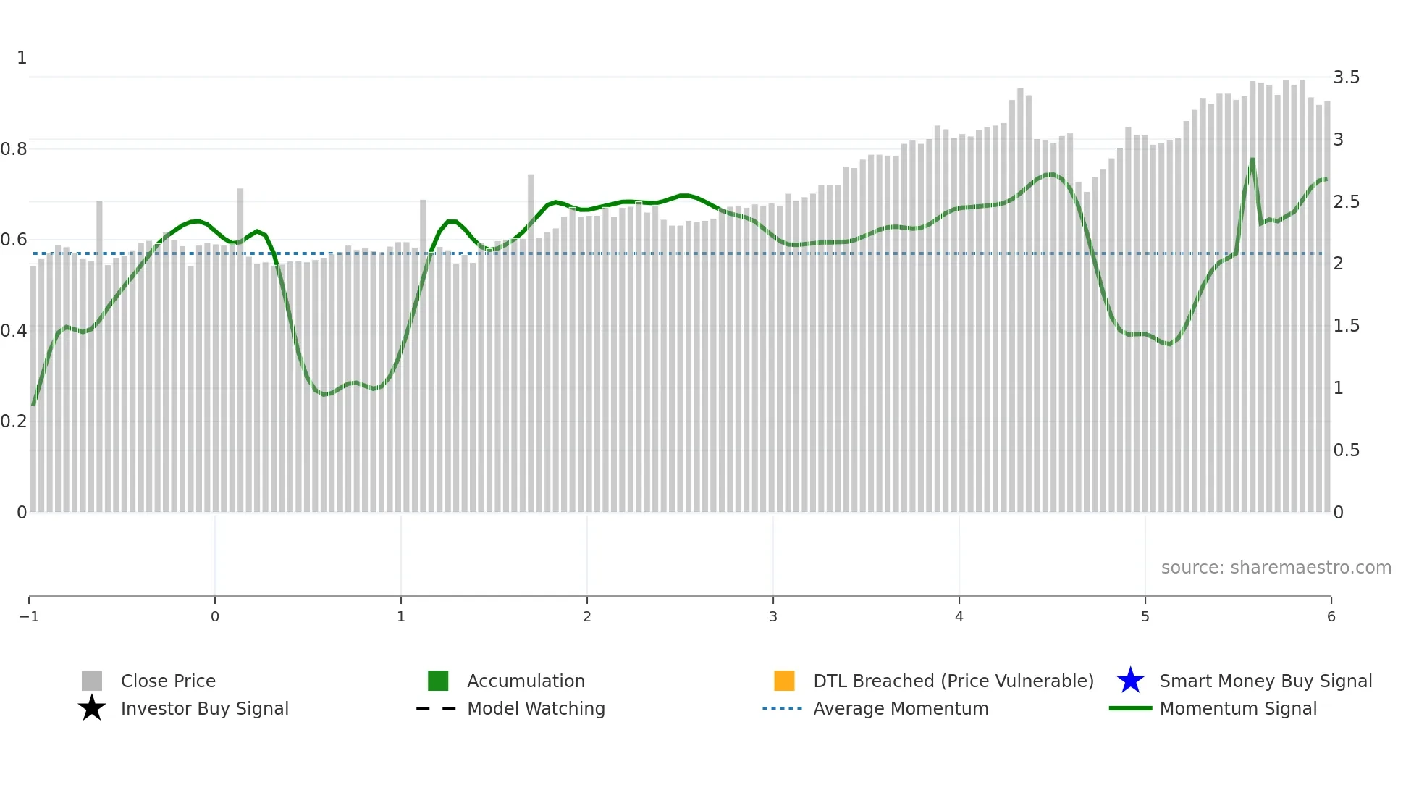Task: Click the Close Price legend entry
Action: click(x=168, y=681)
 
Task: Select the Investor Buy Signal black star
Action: click(x=92, y=708)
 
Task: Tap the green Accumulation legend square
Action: click(x=438, y=681)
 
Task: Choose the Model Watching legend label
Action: click(x=536, y=708)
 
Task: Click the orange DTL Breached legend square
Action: click(x=784, y=681)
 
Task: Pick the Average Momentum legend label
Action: click(x=901, y=708)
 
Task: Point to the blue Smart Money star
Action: click(x=1130, y=681)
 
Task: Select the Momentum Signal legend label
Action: click(x=1238, y=708)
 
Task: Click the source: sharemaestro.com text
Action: click(x=1276, y=567)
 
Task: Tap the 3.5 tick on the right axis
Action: click(x=1346, y=77)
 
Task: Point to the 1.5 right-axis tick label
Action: click(x=1346, y=326)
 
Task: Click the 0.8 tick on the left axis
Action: click(x=14, y=149)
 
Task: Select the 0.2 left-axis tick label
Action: click(x=14, y=421)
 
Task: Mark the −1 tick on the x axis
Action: click(x=29, y=616)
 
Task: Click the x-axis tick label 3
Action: click(x=773, y=616)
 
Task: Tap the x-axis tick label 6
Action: click(x=1331, y=616)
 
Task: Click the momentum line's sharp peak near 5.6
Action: click(x=1252, y=160)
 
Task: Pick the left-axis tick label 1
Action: click(x=22, y=58)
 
